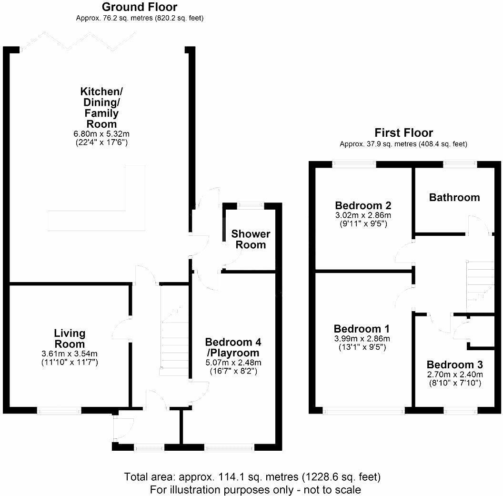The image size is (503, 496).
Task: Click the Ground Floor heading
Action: click(139, 7)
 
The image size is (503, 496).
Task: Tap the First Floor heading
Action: click(403, 133)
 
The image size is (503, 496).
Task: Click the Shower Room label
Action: click(251, 240)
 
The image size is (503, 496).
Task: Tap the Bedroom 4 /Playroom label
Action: click(233, 347)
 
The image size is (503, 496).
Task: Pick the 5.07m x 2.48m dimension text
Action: click(233, 363)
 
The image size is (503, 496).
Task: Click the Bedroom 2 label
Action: click(363, 206)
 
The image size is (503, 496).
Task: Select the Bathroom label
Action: click(454, 197)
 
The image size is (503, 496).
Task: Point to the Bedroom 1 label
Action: click(362, 329)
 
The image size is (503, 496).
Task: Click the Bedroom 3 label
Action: click(454, 365)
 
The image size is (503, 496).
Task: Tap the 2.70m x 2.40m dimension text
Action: click(454, 375)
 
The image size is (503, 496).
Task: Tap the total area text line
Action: click(252, 476)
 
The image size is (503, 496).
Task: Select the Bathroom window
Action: click(460, 164)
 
